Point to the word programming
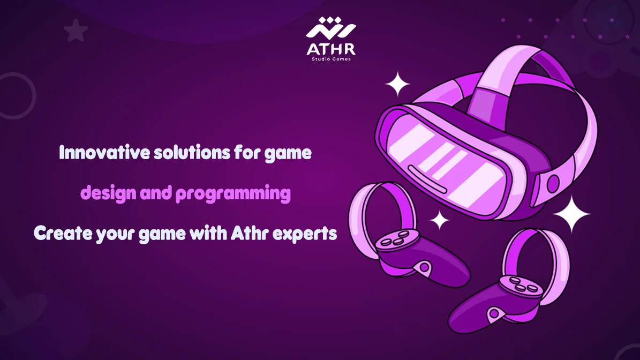click(233, 194)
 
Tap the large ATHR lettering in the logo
click(330, 49)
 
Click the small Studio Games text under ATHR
click(331, 59)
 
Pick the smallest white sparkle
click(440, 220)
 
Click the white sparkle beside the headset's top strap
click(397, 84)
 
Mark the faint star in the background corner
click(76, 31)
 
